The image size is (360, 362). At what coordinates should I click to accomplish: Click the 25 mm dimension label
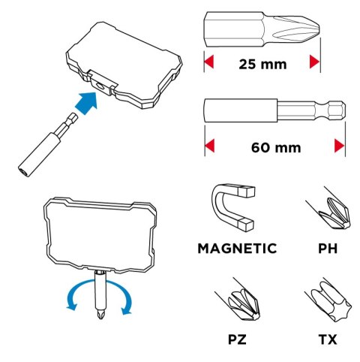pyautogui.click(x=262, y=64)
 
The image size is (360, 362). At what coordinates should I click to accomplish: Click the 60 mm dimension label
pyautogui.click(x=276, y=147)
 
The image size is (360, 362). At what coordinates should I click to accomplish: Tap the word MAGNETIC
pyautogui.click(x=237, y=249)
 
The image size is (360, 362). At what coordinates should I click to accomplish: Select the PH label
pyautogui.click(x=328, y=249)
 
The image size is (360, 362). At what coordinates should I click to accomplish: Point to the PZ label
pyautogui.click(x=237, y=339)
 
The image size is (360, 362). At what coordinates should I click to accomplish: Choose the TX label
pyautogui.click(x=328, y=339)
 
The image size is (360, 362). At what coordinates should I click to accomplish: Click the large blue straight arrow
pyautogui.click(x=86, y=103)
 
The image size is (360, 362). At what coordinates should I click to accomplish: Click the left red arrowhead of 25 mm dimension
pyautogui.click(x=208, y=62)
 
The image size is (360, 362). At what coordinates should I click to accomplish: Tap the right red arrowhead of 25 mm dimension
pyautogui.click(x=315, y=62)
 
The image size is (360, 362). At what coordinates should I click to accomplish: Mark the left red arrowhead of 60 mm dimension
pyautogui.click(x=209, y=146)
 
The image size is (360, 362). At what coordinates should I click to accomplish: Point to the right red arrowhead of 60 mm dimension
pyautogui.click(x=340, y=146)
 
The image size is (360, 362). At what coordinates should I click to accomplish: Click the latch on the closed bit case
pyautogui.click(x=102, y=83)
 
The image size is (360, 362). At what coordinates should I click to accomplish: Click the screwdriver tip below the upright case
pyautogui.click(x=100, y=315)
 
